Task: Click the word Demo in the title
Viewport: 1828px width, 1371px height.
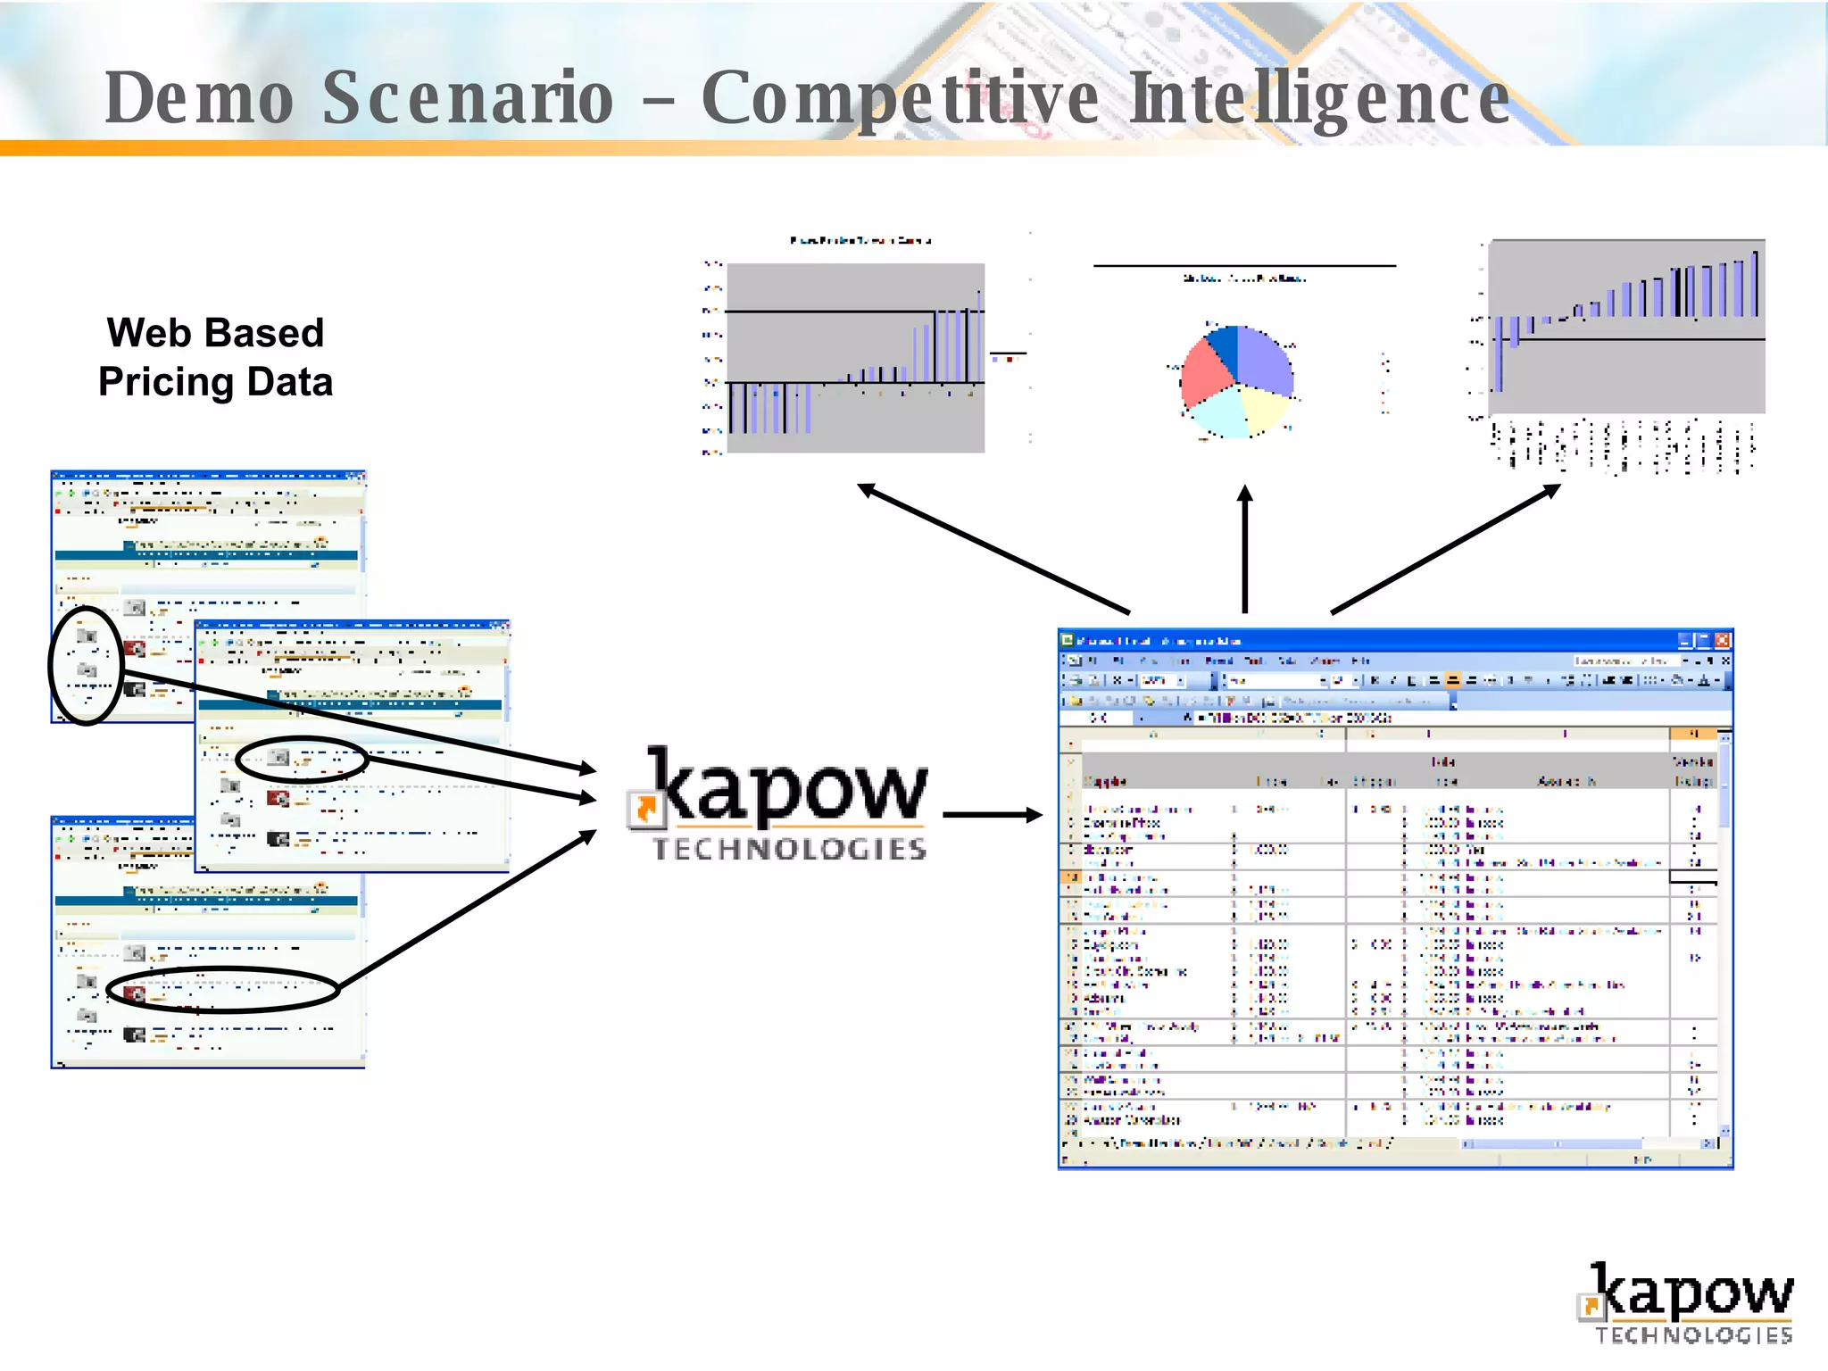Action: pos(198,97)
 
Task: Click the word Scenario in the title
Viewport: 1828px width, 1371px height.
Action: pos(467,97)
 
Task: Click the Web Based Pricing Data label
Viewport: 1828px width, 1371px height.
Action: pos(215,357)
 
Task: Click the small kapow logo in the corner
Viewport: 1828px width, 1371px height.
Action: pos(1686,1302)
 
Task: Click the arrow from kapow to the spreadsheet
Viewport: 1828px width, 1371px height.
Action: pos(991,814)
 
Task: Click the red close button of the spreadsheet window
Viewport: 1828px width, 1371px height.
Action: pos(1722,640)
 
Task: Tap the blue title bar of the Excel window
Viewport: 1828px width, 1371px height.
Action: pos(1339,640)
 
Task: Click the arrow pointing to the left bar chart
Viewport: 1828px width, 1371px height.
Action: pos(991,548)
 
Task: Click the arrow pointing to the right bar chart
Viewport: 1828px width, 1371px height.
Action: pos(1446,548)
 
